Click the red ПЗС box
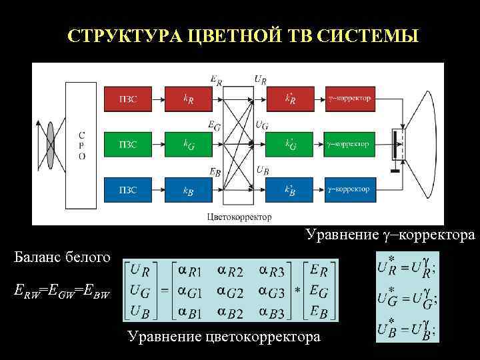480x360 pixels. pos(128,99)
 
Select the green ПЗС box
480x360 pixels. pos(128,144)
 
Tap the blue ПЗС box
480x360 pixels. pos(128,190)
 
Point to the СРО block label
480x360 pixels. pos(82,144)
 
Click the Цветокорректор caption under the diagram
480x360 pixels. pos(239,216)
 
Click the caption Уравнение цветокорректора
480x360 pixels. pos(223,337)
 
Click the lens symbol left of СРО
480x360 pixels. pos(49,144)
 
